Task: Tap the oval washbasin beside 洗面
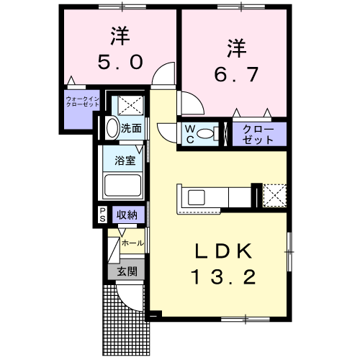(x=112, y=129)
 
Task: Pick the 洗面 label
(x=131, y=130)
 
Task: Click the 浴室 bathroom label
(x=125, y=161)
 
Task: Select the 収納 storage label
(x=127, y=214)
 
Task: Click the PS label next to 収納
(x=102, y=214)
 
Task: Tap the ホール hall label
(x=132, y=243)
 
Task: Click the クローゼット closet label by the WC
(x=258, y=134)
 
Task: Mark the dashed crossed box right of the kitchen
(x=274, y=195)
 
